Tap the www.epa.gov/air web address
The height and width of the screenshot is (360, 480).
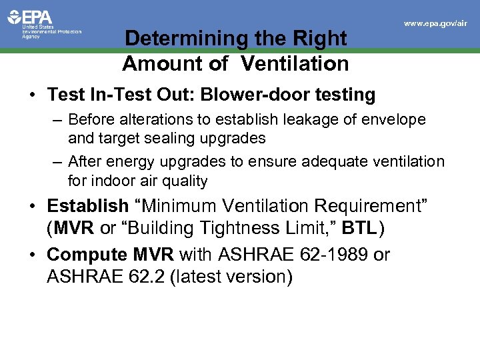(x=435, y=23)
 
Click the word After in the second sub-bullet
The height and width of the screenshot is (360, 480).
(x=84, y=162)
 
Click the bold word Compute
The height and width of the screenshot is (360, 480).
(x=85, y=255)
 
